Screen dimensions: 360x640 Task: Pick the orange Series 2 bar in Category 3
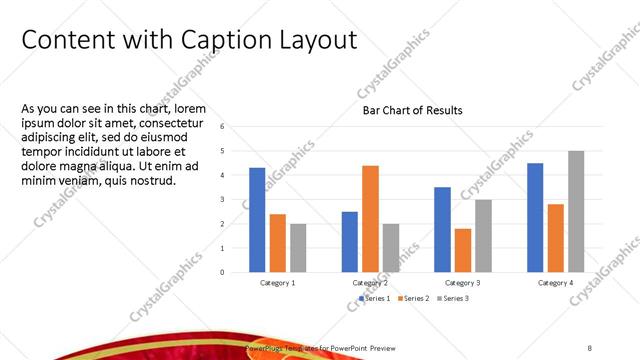click(463, 250)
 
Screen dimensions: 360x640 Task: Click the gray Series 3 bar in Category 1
click(298, 248)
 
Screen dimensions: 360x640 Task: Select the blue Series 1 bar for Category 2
click(349, 242)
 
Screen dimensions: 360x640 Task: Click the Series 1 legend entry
click(375, 298)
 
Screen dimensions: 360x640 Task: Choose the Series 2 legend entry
click(414, 298)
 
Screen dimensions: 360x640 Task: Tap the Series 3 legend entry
click(452, 298)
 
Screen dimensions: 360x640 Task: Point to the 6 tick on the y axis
click(236, 127)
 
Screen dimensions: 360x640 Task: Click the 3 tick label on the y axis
click(236, 200)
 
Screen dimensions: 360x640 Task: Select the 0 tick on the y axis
click(236, 272)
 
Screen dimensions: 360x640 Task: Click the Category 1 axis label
click(277, 283)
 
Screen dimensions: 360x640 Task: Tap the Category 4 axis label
click(555, 283)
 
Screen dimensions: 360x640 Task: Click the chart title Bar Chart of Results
click(412, 110)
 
